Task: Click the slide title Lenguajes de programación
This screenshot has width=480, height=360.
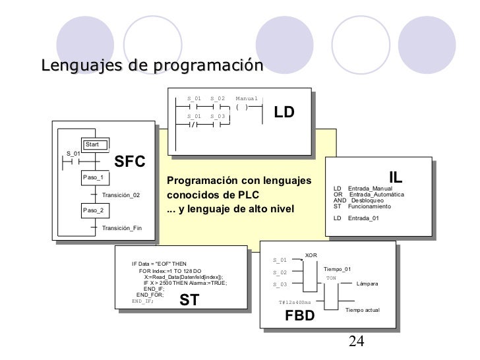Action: point(151,66)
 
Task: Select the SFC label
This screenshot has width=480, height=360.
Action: point(130,162)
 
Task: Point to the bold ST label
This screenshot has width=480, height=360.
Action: point(189,301)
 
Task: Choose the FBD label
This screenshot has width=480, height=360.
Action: point(300,316)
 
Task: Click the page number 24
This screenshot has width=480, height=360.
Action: point(356,341)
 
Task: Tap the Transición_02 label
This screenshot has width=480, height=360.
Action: point(121,195)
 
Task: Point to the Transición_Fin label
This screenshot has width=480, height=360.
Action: point(122,227)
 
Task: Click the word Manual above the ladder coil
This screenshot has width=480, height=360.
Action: point(247,99)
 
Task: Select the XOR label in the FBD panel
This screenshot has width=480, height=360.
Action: point(311,255)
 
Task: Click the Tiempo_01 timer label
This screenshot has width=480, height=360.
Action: point(338,269)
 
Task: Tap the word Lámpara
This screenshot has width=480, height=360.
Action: point(367,284)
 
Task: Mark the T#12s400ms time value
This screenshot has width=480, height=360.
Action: point(295,303)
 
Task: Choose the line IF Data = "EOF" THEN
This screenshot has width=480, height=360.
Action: point(160,264)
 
